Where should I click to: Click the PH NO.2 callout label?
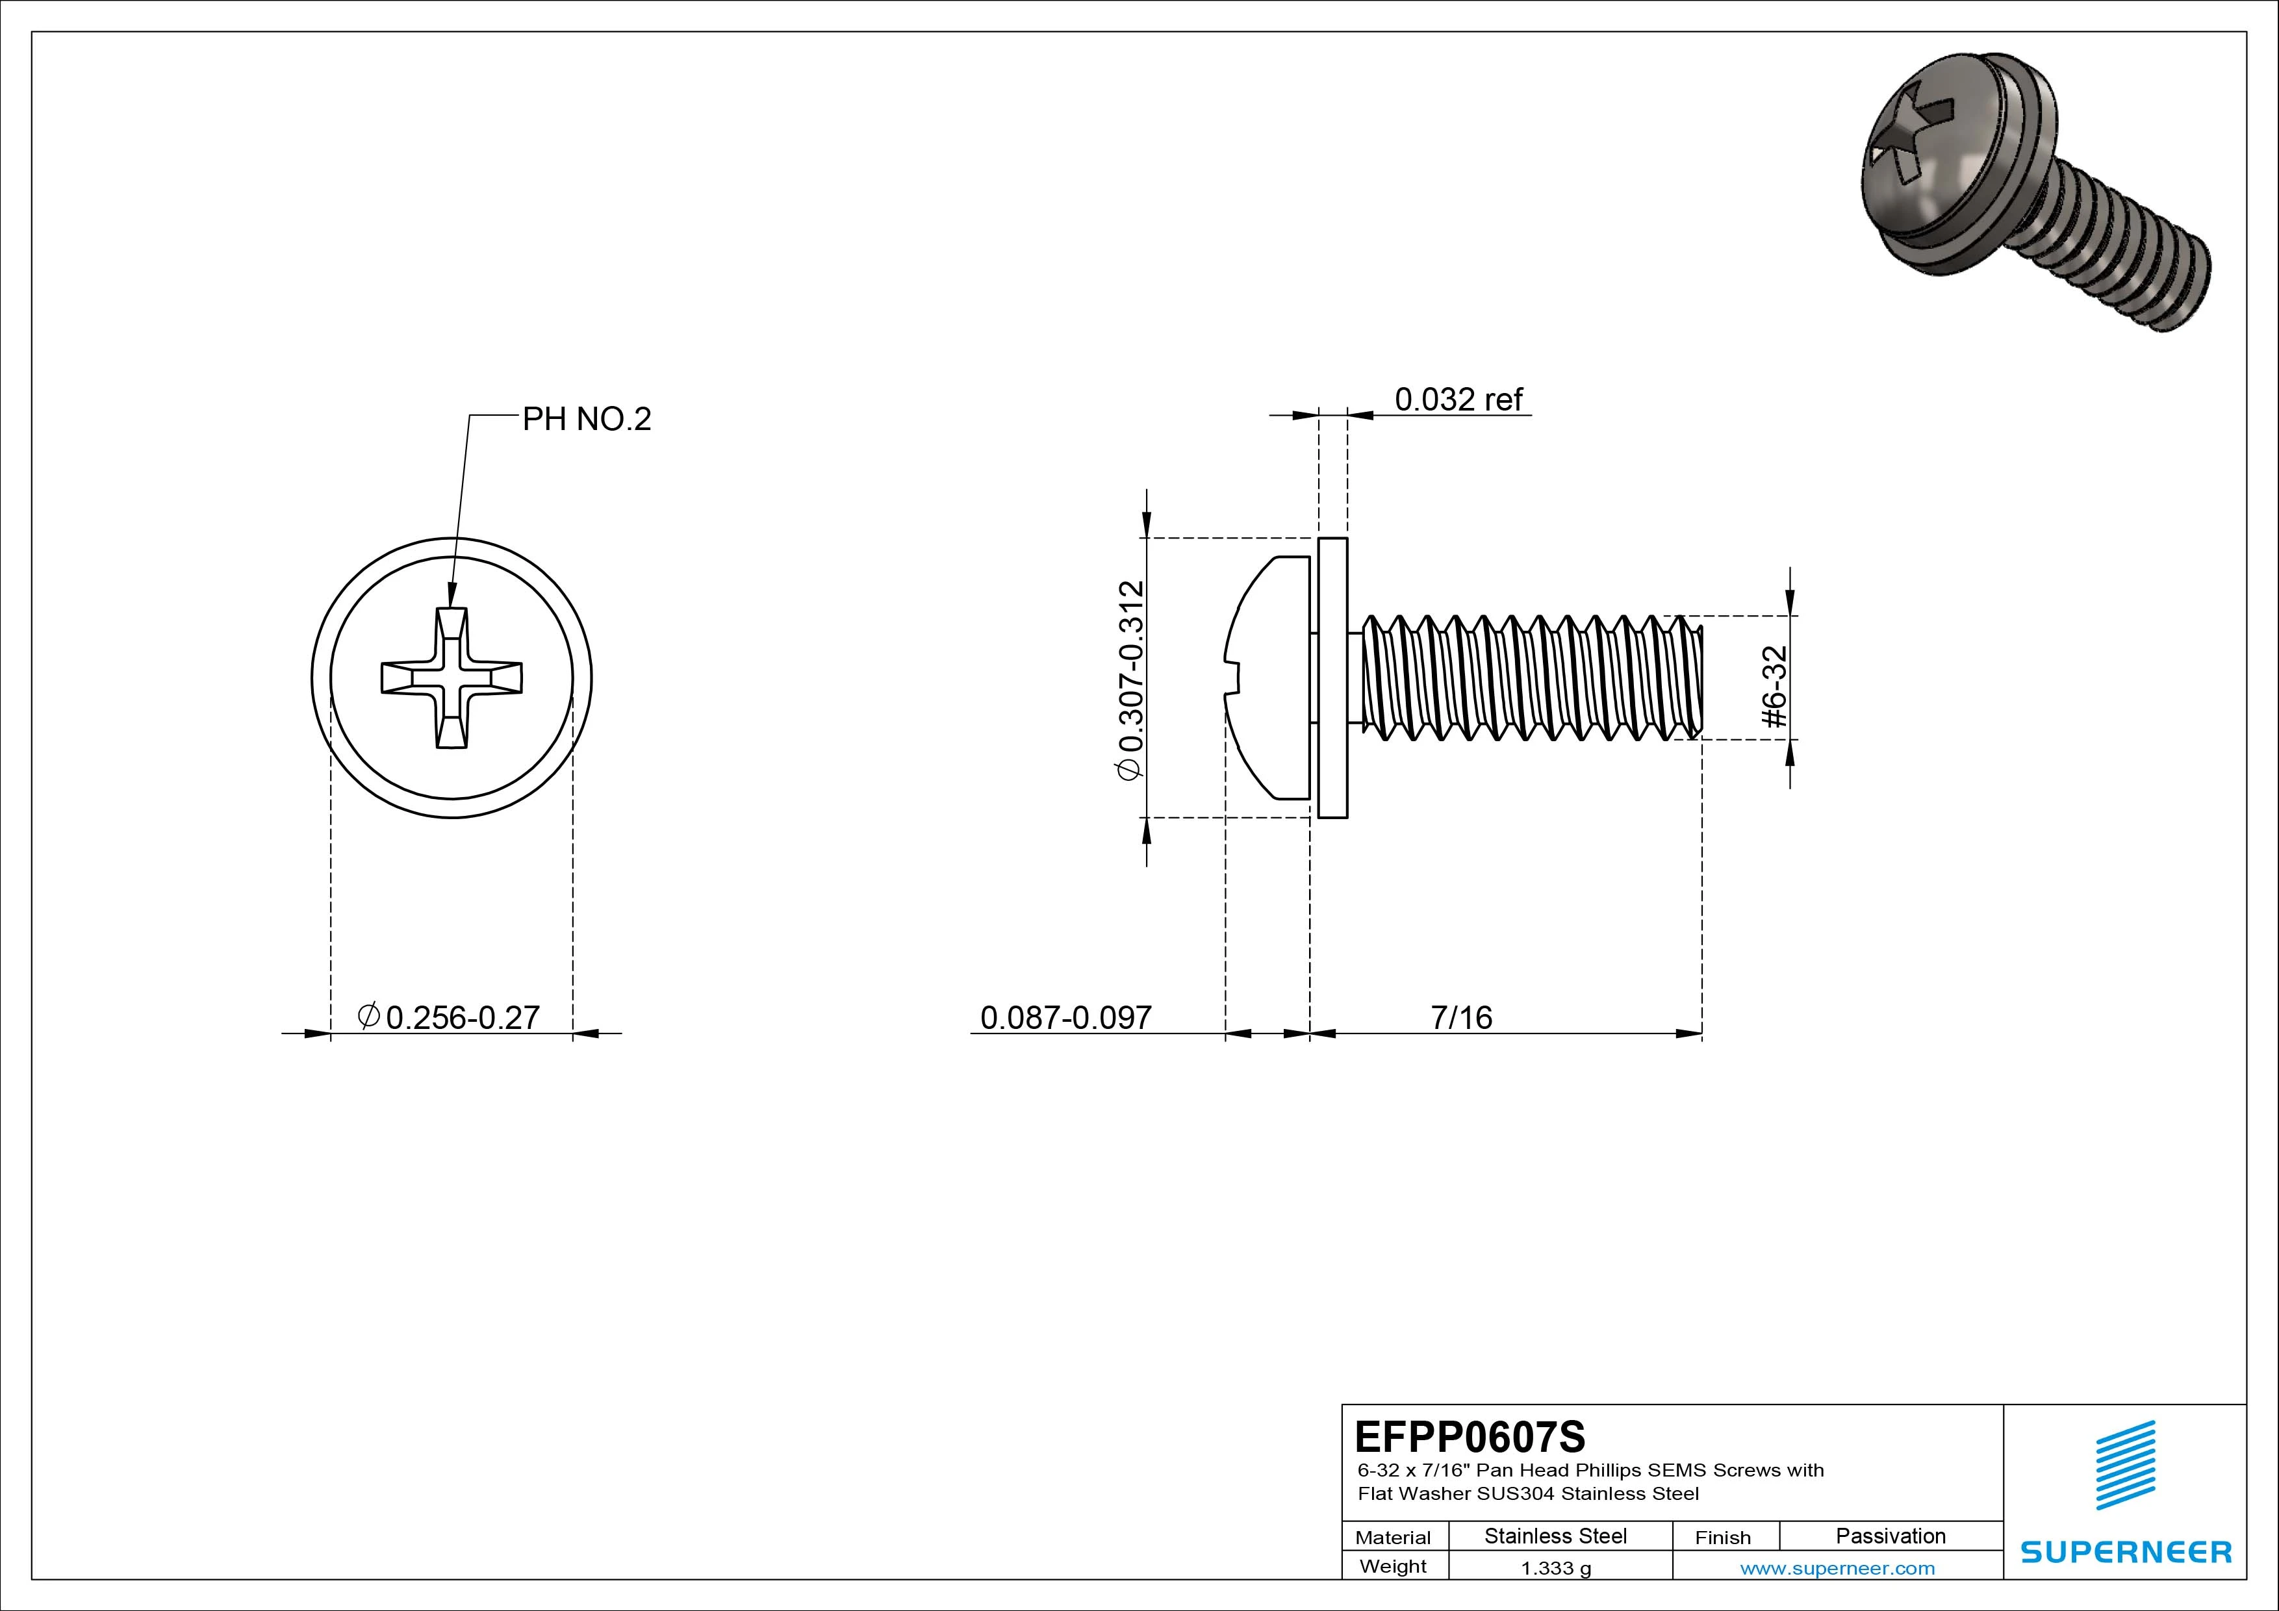pyautogui.click(x=587, y=420)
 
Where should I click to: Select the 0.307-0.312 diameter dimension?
pyautogui.click(x=1130, y=681)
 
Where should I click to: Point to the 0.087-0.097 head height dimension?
pyautogui.click(x=1065, y=1017)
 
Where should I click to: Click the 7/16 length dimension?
pyautogui.click(x=1461, y=1017)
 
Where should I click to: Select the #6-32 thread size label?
pyautogui.click(x=1775, y=687)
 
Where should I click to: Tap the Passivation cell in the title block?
pyautogui.click(x=1890, y=1536)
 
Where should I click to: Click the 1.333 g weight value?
pyautogui.click(x=1555, y=1568)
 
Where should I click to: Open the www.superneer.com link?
pyautogui.click(x=1837, y=1568)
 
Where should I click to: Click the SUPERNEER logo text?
pyautogui.click(x=2126, y=1551)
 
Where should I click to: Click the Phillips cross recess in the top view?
pyautogui.click(x=452, y=678)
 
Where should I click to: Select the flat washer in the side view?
pyautogui.click(x=1332, y=678)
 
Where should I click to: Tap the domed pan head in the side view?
pyautogui.click(x=1269, y=678)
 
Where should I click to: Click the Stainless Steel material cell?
pyautogui.click(x=1555, y=1536)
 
